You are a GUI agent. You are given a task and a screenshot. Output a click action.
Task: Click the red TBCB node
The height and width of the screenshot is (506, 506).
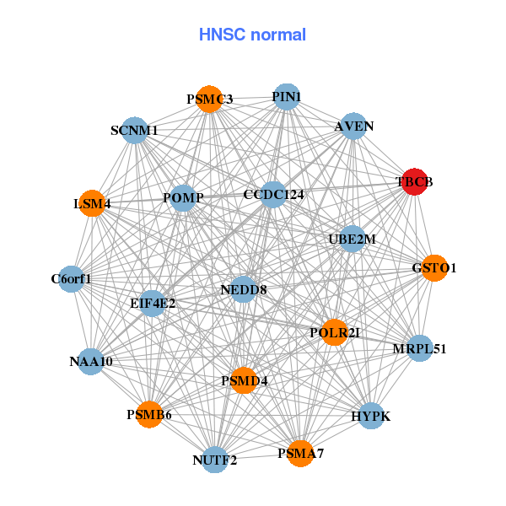click(x=413, y=181)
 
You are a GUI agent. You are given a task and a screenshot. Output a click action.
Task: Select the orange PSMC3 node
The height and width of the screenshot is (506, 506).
click(x=209, y=99)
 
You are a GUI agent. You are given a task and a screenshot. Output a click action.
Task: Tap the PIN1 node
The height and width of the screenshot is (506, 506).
click(x=287, y=96)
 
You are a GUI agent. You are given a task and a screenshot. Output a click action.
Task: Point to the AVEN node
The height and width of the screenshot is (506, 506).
click(x=353, y=126)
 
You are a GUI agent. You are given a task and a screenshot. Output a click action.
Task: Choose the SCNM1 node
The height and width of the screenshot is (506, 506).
click(x=135, y=131)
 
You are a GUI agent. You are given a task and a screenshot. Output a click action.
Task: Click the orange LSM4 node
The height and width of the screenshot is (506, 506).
click(x=92, y=204)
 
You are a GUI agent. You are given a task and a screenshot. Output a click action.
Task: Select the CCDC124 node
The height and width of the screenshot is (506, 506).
click(x=272, y=195)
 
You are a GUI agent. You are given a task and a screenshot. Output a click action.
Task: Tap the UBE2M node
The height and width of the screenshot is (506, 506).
click(x=352, y=239)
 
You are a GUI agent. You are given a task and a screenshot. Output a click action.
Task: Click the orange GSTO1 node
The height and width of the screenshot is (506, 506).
click(x=433, y=267)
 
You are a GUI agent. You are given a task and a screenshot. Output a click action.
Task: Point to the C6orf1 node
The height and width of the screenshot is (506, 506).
click(x=71, y=278)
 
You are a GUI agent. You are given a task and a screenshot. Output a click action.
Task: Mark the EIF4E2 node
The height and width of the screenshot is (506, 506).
click(x=153, y=303)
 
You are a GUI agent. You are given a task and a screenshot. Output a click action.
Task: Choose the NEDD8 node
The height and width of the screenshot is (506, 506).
click(x=243, y=289)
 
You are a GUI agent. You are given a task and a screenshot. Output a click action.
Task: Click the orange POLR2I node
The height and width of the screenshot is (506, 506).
click(x=335, y=332)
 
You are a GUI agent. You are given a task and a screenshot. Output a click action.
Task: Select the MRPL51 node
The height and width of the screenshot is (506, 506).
click(x=419, y=348)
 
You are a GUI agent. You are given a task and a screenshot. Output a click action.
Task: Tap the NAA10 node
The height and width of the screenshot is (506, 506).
click(x=91, y=361)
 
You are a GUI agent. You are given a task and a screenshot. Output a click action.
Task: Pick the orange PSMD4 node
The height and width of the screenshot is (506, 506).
click(x=244, y=380)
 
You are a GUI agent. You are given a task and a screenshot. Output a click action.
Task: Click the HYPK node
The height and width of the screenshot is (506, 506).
click(x=371, y=416)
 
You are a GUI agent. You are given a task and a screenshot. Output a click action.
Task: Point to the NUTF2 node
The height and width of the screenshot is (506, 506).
click(x=215, y=460)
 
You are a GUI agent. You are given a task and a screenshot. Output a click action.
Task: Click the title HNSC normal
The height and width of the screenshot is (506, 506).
click(x=252, y=35)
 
